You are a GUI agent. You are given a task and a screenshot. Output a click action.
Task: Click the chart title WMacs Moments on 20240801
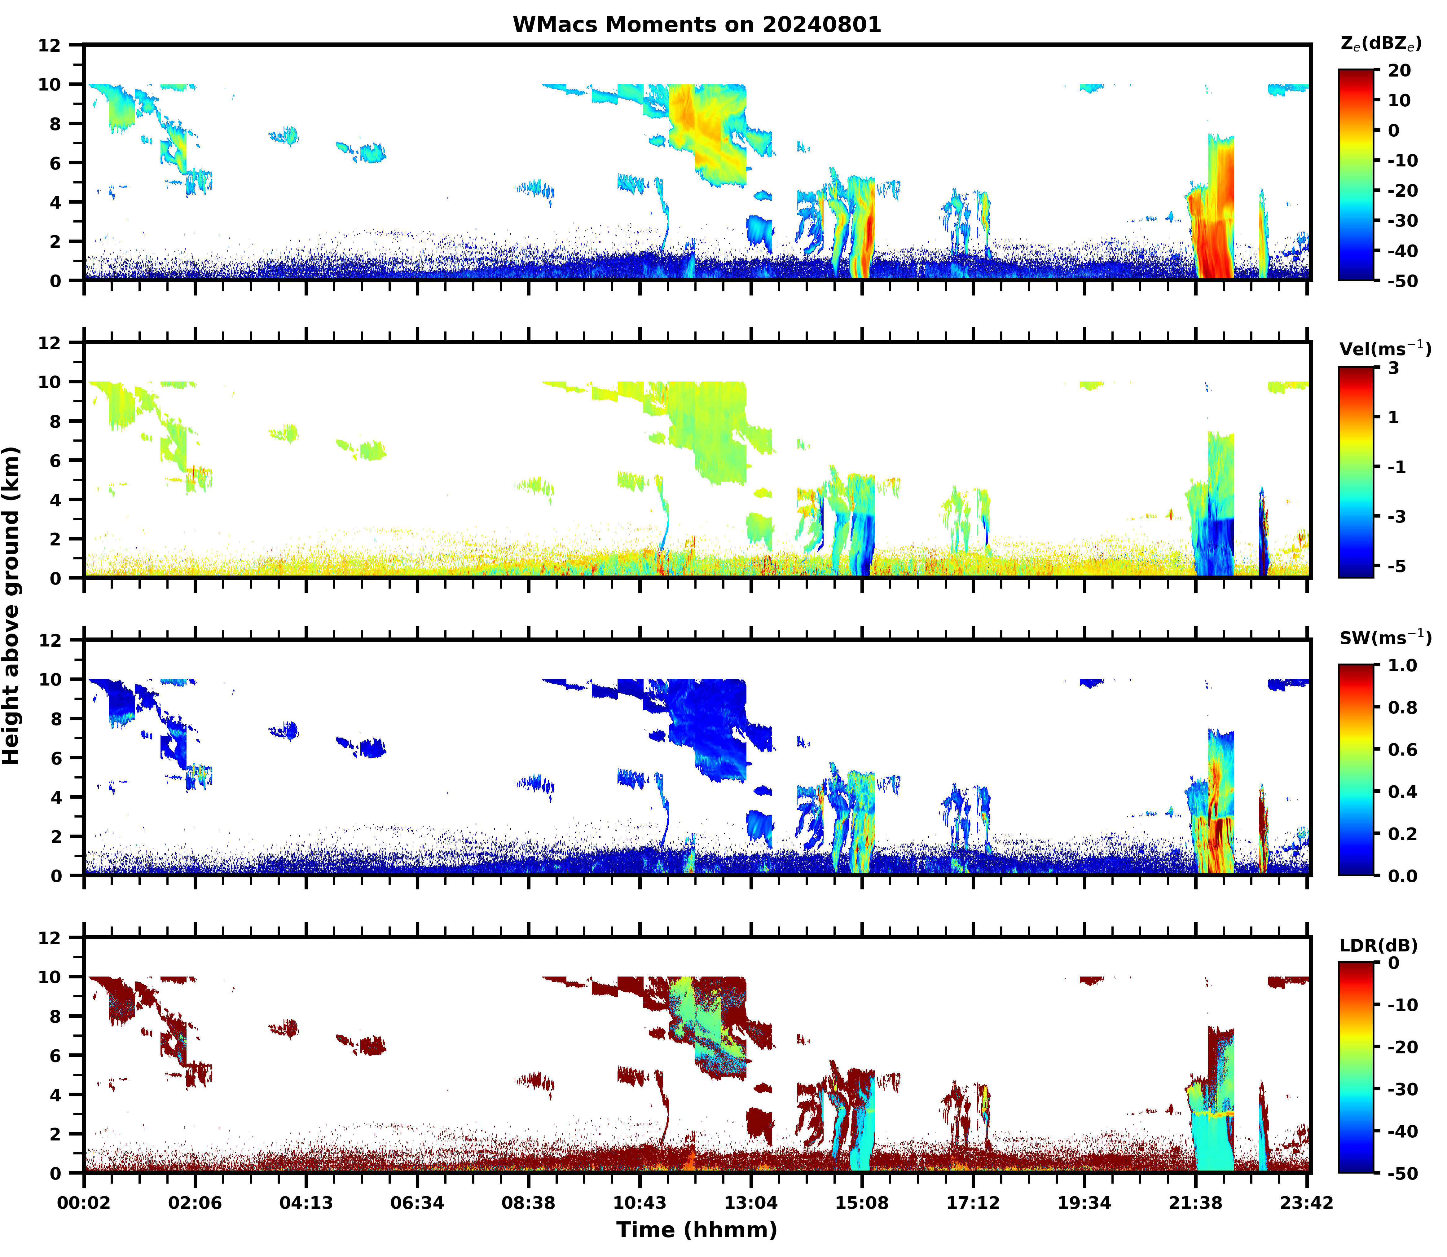tap(697, 24)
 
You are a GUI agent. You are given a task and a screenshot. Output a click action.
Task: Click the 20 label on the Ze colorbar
tap(1399, 71)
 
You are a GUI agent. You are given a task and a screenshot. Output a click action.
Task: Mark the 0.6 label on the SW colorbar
tap(1403, 750)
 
